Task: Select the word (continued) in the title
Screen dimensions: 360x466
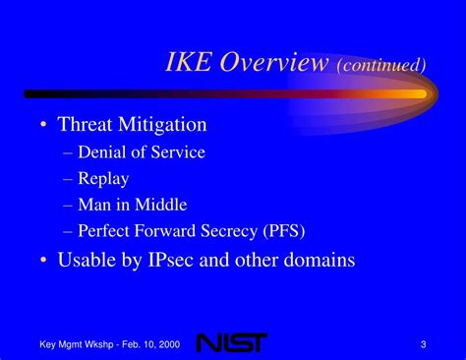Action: (382, 65)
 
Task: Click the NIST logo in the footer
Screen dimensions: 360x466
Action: (230, 342)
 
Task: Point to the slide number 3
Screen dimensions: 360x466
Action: (423, 342)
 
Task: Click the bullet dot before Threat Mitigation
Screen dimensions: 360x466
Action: (44, 125)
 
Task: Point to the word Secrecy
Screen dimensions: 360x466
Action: (228, 231)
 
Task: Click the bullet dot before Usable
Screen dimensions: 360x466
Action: (44, 262)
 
